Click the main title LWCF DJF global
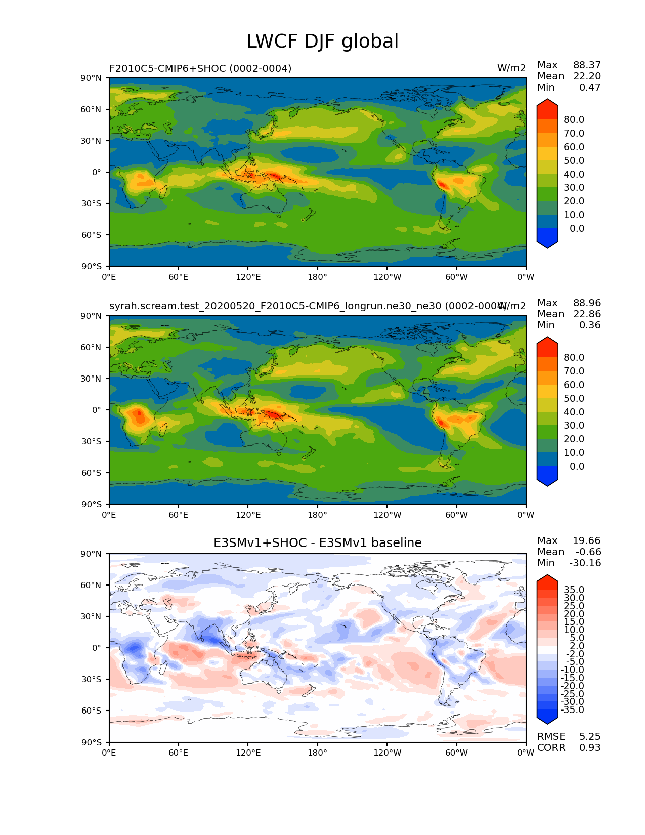click(322, 41)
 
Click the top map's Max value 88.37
click(587, 65)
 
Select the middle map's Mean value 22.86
click(587, 314)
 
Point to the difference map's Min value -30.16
click(585, 563)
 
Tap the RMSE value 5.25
click(590, 737)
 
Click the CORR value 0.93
click(590, 748)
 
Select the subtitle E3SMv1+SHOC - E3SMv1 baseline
click(317, 543)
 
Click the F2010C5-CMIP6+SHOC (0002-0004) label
click(200, 68)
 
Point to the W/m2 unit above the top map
click(511, 68)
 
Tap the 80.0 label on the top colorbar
click(574, 120)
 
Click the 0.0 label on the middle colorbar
click(577, 467)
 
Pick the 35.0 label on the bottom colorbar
click(574, 590)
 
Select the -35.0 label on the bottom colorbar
click(573, 710)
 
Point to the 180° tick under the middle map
click(317, 515)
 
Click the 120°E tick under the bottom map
click(248, 753)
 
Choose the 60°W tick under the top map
click(456, 277)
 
